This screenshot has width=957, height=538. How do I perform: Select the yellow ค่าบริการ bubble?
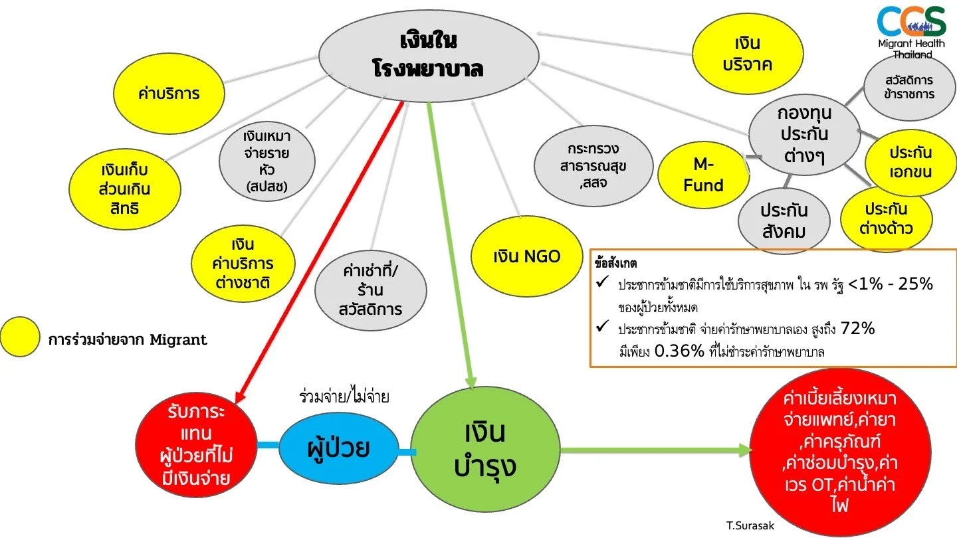click(168, 93)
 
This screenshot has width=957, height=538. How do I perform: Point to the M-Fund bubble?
click(703, 175)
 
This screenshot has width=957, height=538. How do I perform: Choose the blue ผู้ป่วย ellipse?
click(338, 449)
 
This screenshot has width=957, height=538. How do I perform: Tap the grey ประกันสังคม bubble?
click(784, 221)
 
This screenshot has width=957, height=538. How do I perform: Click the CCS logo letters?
click(911, 21)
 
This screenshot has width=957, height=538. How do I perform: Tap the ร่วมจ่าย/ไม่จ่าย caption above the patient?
click(344, 397)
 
